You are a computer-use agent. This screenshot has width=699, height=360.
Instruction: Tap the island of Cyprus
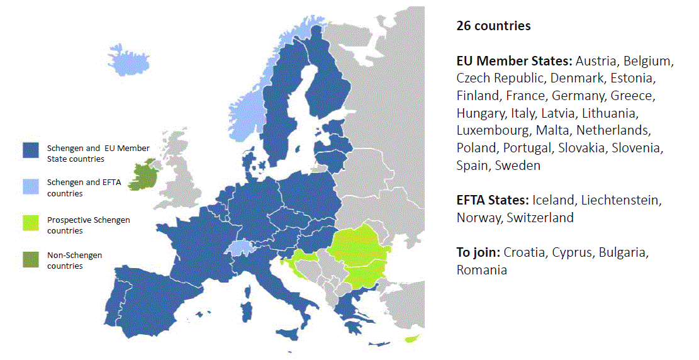click(x=412, y=340)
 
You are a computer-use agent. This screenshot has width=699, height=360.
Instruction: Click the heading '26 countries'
click(x=493, y=26)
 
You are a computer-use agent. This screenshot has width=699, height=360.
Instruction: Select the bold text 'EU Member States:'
click(x=514, y=62)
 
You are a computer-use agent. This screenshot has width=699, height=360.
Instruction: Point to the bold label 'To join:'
click(x=478, y=252)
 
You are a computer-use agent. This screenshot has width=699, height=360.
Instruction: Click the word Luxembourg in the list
click(x=493, y=131)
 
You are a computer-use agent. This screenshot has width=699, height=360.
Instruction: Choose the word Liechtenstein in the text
click(x=620, y=201)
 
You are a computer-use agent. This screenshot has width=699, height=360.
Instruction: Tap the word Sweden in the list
click(x=517, y=166)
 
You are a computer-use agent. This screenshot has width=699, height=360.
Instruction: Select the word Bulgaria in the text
click(x=623, y=252)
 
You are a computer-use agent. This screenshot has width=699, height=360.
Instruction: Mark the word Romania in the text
click(x=481, y=270)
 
